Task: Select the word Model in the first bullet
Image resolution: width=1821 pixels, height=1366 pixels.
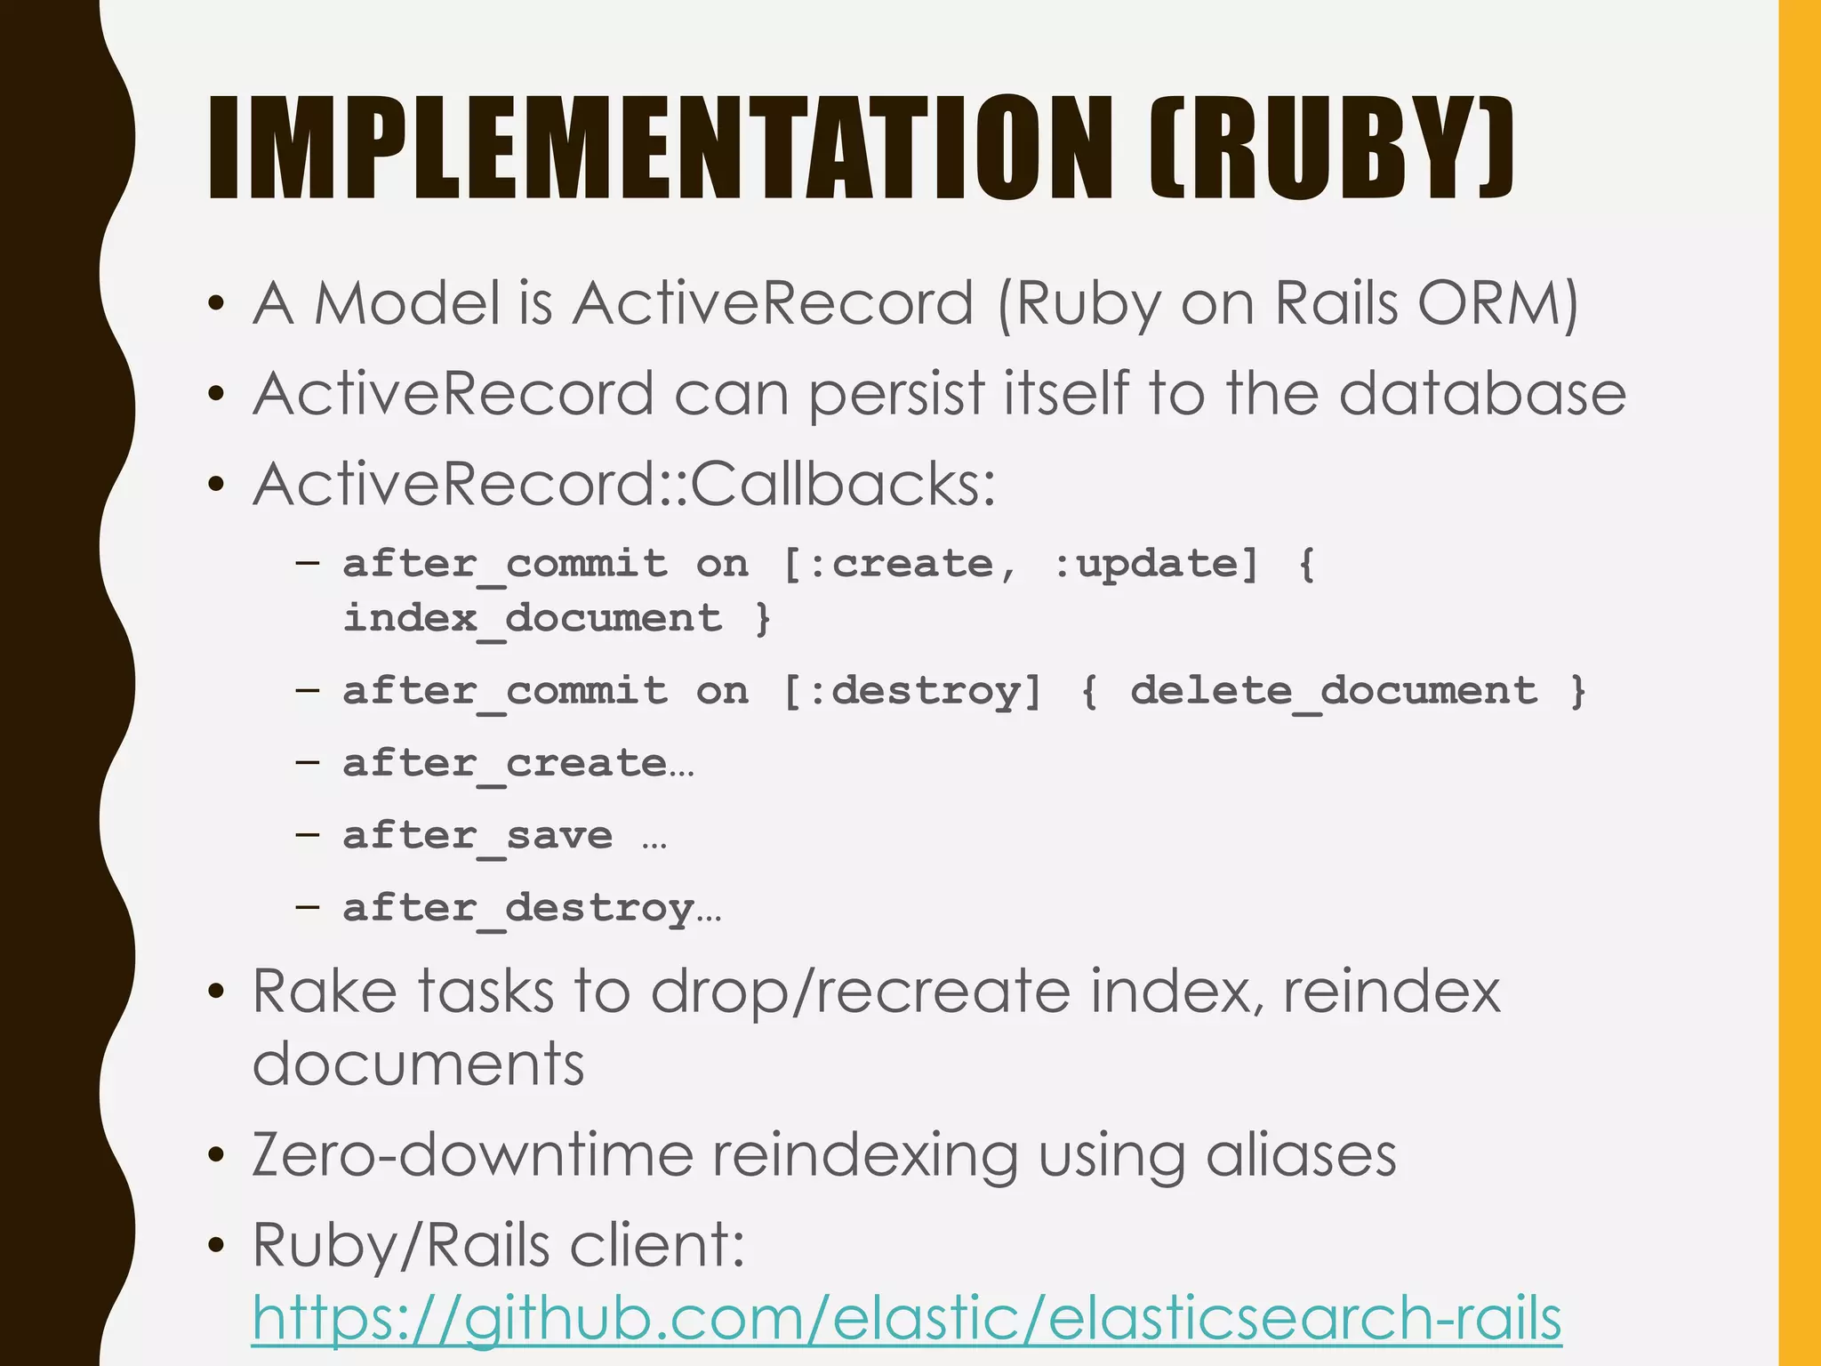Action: click(408, 303)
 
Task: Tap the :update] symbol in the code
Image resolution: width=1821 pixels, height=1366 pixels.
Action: click(1156, 564)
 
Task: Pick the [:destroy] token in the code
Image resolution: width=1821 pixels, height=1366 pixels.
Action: click(911, 691)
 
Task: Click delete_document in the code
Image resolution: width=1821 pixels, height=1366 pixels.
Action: click(1333, 691)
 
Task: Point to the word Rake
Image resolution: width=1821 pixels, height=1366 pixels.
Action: click(325, 991)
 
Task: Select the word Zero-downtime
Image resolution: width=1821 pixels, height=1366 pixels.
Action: click(472, 1154)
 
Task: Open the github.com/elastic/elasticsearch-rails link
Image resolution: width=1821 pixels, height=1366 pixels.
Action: click(906, 1317)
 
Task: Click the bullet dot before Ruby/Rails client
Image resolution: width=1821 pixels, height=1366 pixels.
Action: click(215, 1245)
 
